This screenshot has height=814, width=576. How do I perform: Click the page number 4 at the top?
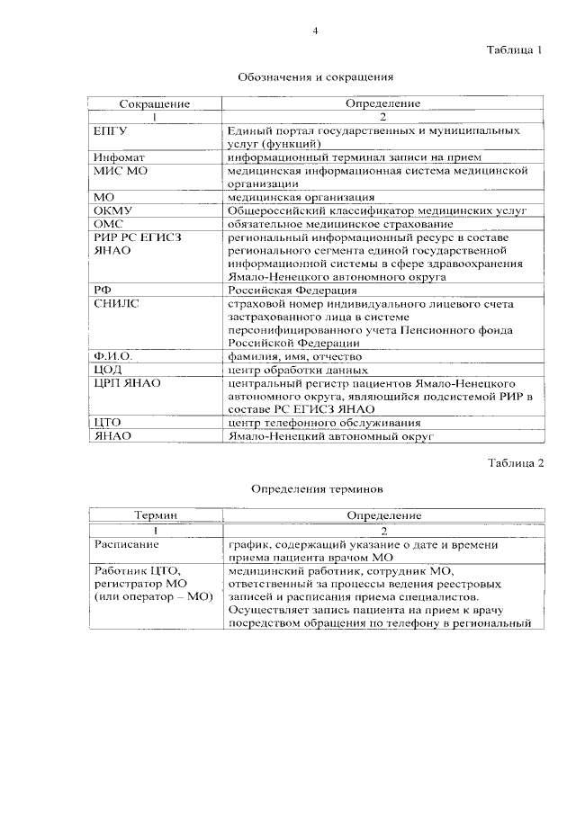coord(315,31)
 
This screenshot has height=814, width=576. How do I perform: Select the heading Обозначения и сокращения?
coord(316,77)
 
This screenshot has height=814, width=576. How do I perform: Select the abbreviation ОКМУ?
coord(112,211)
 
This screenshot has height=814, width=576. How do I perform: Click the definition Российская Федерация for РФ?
coord(282,291)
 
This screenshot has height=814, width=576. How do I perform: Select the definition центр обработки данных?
coord(298,371)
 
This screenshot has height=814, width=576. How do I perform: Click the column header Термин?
coord(154,515)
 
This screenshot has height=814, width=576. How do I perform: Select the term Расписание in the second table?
coord(126,544)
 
